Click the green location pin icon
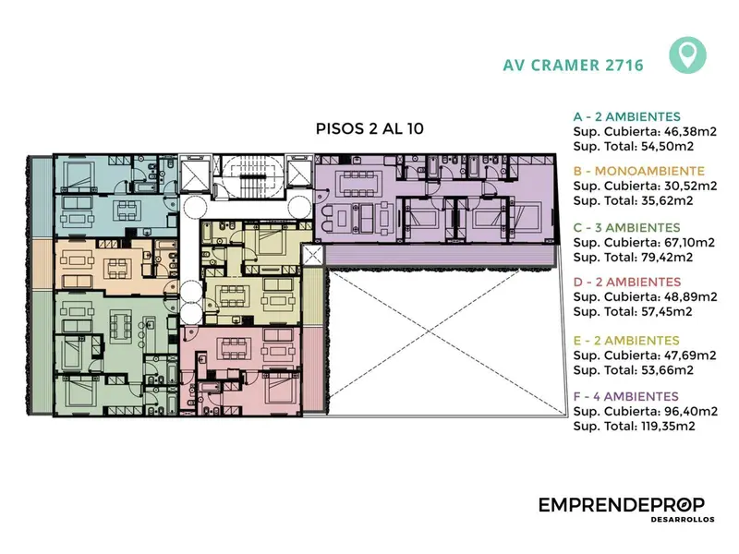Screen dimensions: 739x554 tap(687, 55)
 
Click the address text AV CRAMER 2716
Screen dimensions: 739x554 tap(573, 65)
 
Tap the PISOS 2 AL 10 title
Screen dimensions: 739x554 tap(369, 128)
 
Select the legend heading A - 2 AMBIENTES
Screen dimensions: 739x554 tap(627, 116)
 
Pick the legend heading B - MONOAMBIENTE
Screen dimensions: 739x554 tap(638, 171)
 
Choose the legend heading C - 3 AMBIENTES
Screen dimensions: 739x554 tap(627, 227)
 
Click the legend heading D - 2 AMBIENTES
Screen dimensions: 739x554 tap(627, 282)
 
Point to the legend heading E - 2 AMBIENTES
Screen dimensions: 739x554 tap(626, 340)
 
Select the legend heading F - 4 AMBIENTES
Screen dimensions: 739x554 tap(626, 396)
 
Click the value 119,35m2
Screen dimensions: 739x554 tap(668, 426)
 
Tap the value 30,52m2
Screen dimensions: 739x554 tap(689, 186)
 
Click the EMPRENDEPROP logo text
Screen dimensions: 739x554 tap(622, 505)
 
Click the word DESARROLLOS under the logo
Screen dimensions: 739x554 tap(683, 520)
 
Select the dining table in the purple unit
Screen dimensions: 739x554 tap(358, 184)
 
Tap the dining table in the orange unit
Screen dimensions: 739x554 tap(118, 269)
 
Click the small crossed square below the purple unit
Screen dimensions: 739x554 tap(312, 256)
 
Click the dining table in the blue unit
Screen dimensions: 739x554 tap(127, 211)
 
